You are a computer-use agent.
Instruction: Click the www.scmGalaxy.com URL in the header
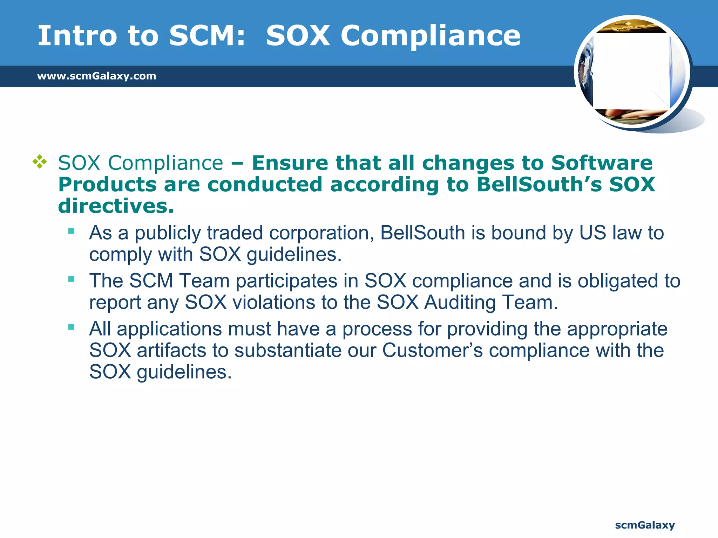(x=96, y=76)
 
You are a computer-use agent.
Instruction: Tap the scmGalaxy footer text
(x=645, y=525)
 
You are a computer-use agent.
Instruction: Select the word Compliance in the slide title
(x=431, y=36)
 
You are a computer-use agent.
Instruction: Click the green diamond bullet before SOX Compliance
(x=40, y=162)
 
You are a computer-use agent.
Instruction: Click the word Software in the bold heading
(x=602, y=163)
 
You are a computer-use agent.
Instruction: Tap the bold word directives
(x=116, y=206)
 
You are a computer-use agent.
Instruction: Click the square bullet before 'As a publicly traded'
(x=72, y=231)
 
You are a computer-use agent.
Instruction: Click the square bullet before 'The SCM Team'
(x=72, y=279)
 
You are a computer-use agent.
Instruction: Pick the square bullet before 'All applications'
(x=72, y=327)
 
